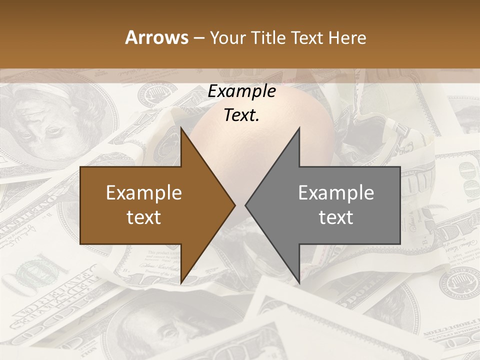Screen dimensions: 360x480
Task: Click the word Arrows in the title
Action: pyautogui.click(x=156, y=37)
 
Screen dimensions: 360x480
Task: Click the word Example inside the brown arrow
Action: pyautogui.click(x=144, y=192)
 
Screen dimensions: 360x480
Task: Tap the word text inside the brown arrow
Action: pyautogui.click(x=144, y=217)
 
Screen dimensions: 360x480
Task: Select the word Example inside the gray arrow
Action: pyautogui.click(x=336, y=192)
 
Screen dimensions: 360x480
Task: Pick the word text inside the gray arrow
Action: pyautogui.click(x=336, y=217)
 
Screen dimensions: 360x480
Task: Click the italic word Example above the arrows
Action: pyautogui.click(x=241, y=91)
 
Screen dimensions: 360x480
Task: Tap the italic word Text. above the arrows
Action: pyautogui.click(x=241, y=115)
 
